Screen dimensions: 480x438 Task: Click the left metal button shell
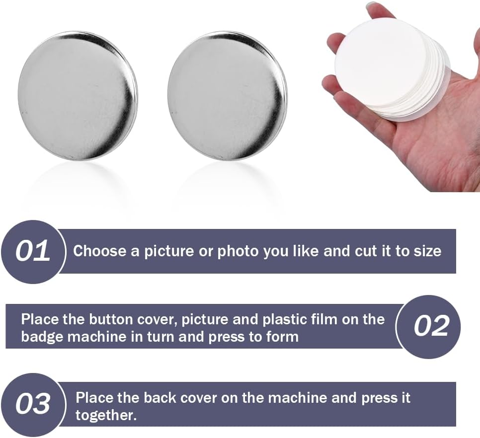tap(78, 95)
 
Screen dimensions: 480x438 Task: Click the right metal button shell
tap(227, 95)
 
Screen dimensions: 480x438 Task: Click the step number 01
tap(33, 251)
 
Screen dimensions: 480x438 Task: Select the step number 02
tap(431, 326)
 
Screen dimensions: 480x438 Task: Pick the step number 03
tap(33, 404)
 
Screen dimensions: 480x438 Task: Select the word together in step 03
tap(106, 416)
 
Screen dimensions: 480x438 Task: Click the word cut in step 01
tap(366, 251)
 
